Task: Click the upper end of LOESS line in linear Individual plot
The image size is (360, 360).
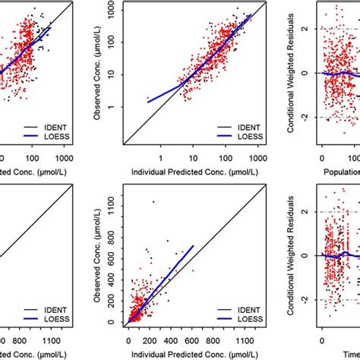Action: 194,245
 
